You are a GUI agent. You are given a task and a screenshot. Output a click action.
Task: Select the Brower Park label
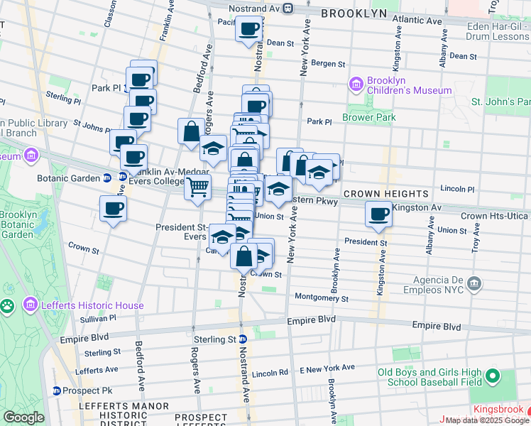(x=368, y=117)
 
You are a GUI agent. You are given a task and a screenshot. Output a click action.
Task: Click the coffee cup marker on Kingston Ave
(x=379, y=214)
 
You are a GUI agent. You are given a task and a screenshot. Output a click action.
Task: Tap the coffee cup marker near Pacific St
(x=248, y=30)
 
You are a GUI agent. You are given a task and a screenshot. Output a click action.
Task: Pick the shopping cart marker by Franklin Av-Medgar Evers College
(x=197, y=187)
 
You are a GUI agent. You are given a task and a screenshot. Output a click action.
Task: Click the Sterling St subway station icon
(x=242, y=339)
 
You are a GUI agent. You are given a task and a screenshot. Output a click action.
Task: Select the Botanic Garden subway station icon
(x=107, y=177)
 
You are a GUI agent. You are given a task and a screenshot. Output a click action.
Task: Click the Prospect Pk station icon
(x=56, y=390)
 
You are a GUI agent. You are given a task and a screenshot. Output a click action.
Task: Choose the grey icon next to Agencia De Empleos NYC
(x=474, y=285)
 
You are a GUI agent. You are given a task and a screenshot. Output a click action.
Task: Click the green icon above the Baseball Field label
(x=491, y=376)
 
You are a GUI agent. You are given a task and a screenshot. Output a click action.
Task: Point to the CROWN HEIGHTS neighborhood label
(x=386, y=194)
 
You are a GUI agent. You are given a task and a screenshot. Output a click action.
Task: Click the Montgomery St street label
(x=321, y=298)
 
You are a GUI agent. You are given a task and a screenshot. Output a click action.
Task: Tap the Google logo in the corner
(x=24, y=417)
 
